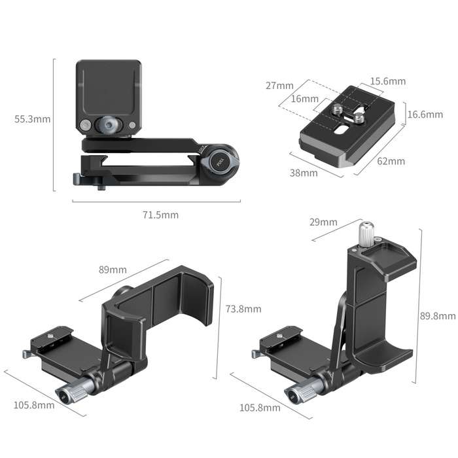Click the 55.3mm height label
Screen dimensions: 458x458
tap(32, 119)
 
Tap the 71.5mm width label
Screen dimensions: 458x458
tap(161, 215)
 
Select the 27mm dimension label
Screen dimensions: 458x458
tap(279, 86)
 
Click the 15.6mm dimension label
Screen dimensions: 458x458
tap(387, 82)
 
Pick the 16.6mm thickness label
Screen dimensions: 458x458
tap(425, 114)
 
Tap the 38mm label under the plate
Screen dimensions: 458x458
tap(304, 173)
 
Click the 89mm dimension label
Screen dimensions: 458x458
tap(113, 270)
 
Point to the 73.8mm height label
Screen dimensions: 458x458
tap(243, 309)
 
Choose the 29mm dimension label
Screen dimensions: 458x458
tap(323, 222)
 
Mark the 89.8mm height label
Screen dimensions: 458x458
tap(438, 316)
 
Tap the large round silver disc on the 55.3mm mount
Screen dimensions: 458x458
tap(105, 124)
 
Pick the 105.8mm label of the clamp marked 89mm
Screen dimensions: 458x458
tap(34, 405)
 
